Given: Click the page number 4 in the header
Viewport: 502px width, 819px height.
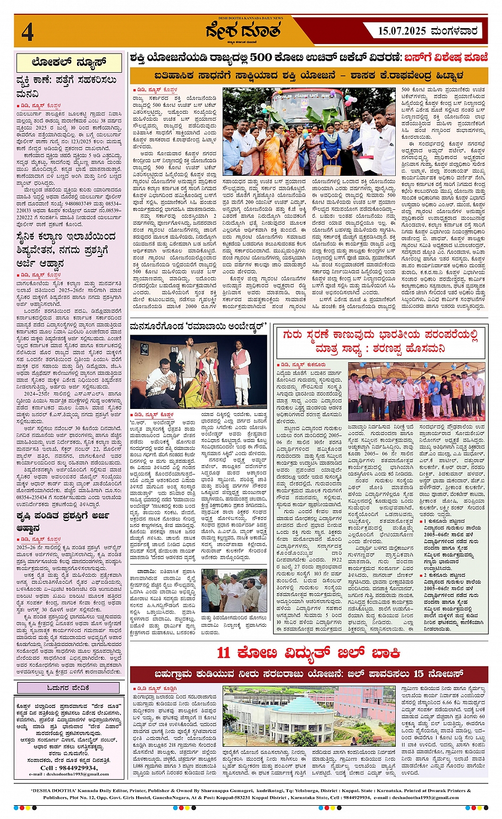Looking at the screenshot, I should (x=28, y=31).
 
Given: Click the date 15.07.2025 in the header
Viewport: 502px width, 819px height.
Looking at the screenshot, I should (x=402, y=31).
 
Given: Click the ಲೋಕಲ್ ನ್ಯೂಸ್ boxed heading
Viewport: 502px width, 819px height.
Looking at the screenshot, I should (x=69, y=63).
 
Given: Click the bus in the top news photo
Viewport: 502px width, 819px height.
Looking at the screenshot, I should (x=308, y=106).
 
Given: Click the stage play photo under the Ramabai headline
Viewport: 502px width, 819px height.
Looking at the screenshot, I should (x=199, y=372).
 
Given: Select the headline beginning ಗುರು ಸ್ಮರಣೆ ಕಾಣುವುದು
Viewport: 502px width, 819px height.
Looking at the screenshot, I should (x=380, y=342).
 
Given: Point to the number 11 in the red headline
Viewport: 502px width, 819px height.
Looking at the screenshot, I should (x=224, y=652).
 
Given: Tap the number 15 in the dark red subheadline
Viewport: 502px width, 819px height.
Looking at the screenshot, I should (x=419, y=673).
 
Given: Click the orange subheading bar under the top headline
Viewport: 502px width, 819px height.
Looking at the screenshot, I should (x=308, y=75).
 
